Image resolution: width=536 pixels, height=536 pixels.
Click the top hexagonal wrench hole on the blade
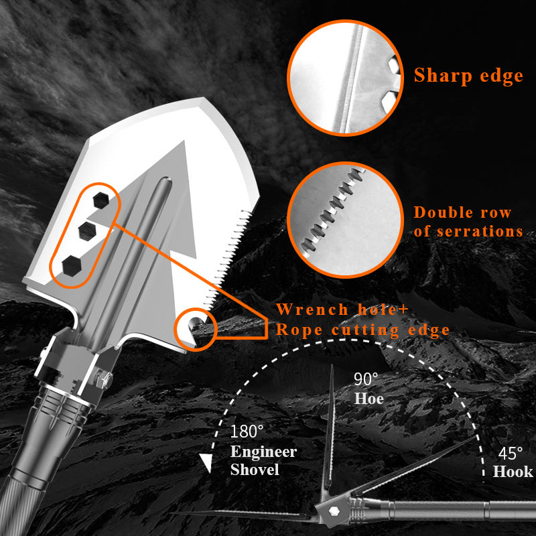tap(101, 199)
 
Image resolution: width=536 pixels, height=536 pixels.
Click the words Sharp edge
tap(468, 75)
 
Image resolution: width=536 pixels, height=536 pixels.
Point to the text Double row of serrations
tap(468, 222)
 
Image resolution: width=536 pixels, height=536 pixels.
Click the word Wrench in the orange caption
tap(313, 310)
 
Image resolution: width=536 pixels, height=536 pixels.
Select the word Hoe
tap(368, 399)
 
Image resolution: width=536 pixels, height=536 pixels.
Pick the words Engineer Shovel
tap(263, 460)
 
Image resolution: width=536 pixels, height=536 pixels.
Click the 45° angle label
tap(511, 453)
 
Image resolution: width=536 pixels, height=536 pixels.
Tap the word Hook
tap(513, 472)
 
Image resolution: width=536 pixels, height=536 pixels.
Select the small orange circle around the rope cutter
tap(195, 327)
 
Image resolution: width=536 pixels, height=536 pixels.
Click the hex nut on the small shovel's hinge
tap(330, 510)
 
